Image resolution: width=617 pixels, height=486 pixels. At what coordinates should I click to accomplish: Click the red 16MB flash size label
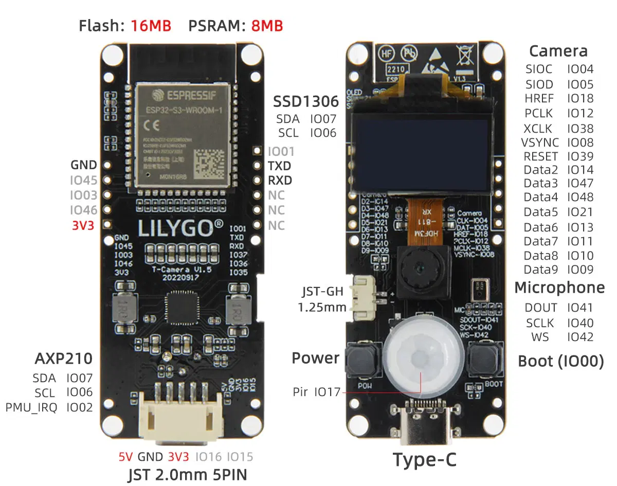[x=151, y=26]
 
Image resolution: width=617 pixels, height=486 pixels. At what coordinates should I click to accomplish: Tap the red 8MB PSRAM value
[x=267, y=26]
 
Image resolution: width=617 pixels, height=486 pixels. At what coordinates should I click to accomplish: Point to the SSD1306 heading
[x=305, y=101]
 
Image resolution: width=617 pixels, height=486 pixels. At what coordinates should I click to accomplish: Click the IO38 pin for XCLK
[x=580, y=129]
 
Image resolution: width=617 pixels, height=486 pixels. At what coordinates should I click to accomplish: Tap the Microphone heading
[x=559, y=288]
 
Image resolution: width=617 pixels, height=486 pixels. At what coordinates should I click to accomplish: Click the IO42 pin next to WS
[x=580, y=337]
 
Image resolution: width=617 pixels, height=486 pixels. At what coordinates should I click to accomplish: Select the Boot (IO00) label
[x=560, y=361]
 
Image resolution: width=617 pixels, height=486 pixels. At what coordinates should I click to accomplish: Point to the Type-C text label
[x=424, y=460]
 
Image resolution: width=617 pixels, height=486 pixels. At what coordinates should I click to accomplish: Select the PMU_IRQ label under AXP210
[x=31, y=408]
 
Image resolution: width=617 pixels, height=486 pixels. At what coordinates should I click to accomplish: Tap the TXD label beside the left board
[x=279, y=166]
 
